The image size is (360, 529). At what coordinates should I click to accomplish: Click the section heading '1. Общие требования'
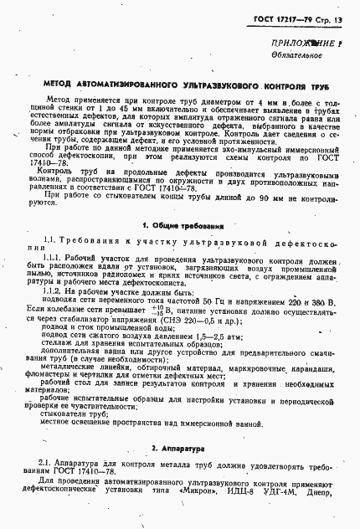click(180, 225)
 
